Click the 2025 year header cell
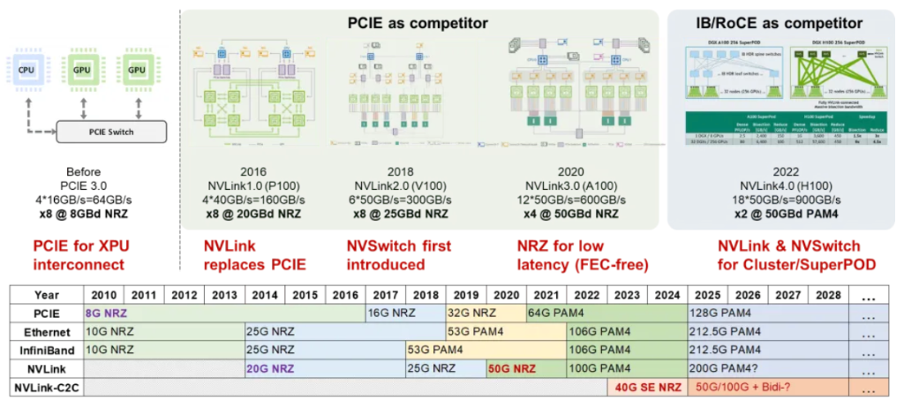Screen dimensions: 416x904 coord(707,294)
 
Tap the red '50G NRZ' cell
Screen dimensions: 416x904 coord(512,367)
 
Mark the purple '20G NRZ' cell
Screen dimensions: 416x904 coord(270,367)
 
